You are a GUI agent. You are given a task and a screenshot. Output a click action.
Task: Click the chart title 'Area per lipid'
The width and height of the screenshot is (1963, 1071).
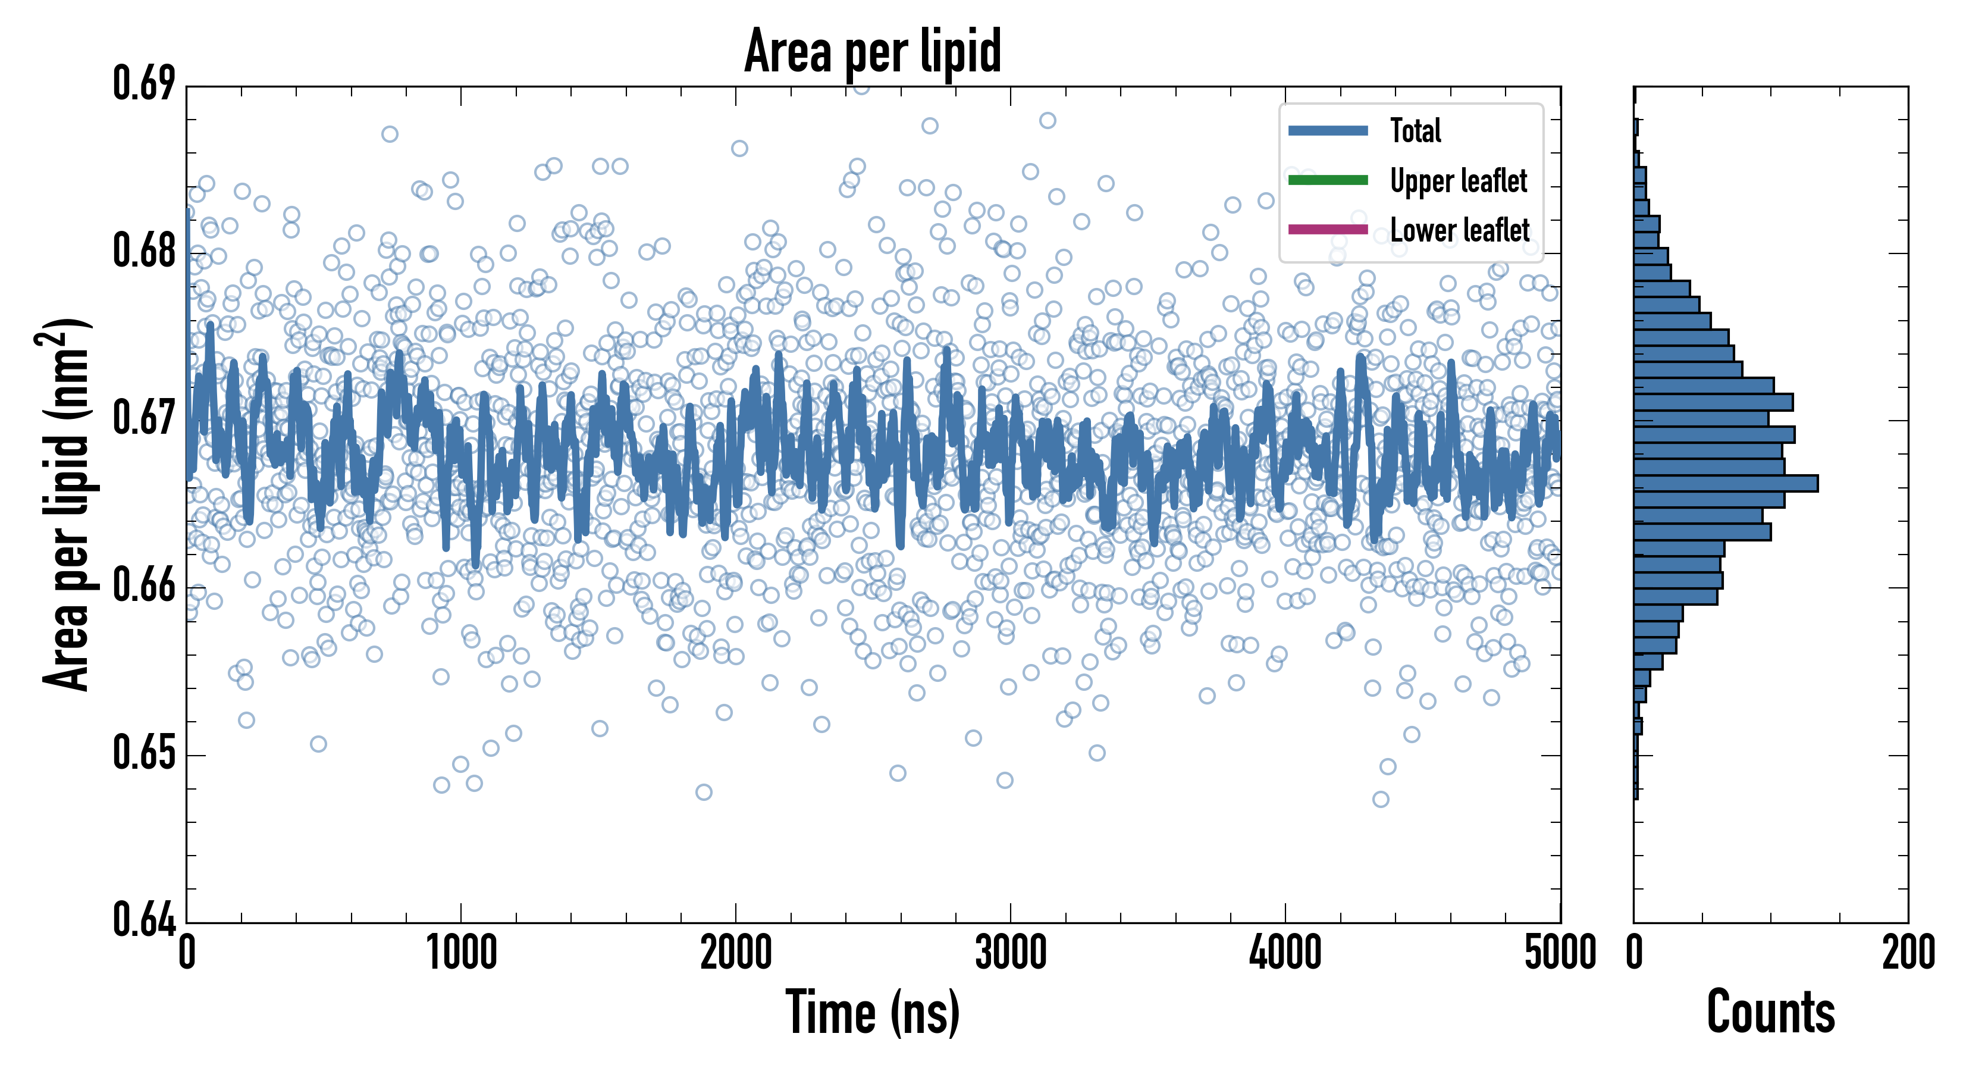coord(873,52)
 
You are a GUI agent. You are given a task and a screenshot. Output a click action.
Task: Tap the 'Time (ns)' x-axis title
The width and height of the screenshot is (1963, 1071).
coord(873,1012)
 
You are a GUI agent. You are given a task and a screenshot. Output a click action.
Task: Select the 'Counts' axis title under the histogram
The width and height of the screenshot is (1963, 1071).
coord(1770,1012)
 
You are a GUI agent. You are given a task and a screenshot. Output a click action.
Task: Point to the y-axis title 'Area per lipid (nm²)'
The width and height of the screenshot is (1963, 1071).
coord(65,505)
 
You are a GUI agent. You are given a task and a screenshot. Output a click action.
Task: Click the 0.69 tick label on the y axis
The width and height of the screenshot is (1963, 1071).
coord(144,84)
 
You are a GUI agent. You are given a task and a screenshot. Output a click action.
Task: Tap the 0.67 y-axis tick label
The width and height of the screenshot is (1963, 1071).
coord(144,418)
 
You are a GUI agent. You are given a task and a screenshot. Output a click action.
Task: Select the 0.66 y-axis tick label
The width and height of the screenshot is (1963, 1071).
coord(144,585)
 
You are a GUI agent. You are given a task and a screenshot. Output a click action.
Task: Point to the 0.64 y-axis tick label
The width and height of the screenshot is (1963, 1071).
coord(144,919)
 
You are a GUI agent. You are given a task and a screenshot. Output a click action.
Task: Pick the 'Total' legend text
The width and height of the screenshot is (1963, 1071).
coord(1415,130)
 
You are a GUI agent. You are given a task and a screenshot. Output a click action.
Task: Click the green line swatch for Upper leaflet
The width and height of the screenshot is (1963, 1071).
coord(1328,180)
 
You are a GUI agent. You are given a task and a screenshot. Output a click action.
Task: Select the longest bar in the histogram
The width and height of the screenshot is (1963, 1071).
coord(1726,483)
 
